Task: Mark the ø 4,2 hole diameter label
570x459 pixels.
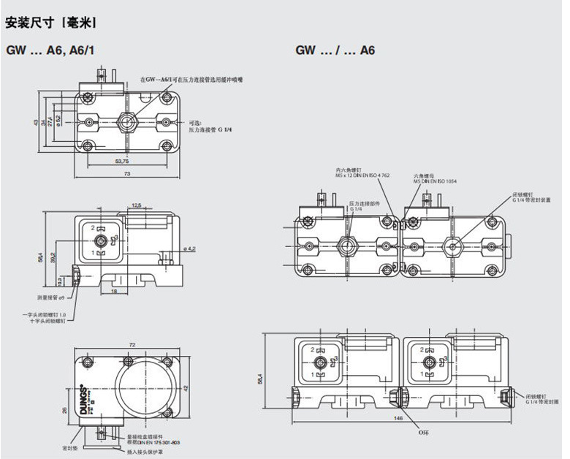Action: [187, 249]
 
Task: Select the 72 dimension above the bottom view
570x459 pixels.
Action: [132, 343]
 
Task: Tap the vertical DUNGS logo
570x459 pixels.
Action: [85, 398]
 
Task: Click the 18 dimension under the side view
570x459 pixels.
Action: [114, 291]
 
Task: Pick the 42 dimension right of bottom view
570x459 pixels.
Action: [186, 387]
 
